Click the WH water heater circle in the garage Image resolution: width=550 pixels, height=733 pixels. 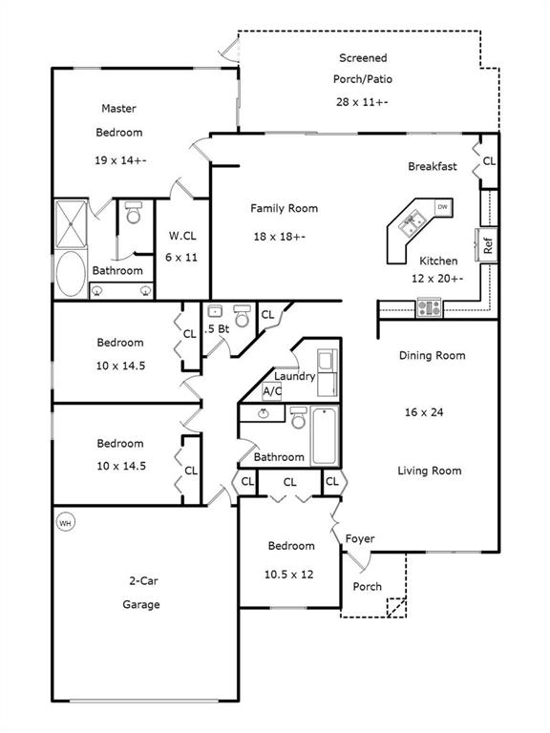point(65,523)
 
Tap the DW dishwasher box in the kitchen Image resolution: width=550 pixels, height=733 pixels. point(442,207)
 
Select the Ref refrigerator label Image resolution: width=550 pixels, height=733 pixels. point(488,245)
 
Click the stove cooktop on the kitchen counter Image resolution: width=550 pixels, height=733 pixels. point(429,307)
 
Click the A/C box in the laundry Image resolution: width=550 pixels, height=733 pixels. point(272,390)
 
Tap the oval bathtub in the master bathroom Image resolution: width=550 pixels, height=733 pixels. point(71,274)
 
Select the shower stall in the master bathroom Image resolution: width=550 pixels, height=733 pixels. point(71,224)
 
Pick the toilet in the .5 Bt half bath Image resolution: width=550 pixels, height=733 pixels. point(242,316)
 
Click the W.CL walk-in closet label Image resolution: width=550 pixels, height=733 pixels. point(182,236)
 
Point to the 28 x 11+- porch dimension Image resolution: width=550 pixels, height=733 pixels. point(362,102)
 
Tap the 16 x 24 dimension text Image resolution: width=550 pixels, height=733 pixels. point(424,412)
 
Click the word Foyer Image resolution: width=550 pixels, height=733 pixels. point(360,539)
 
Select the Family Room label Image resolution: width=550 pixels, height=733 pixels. point(284,208)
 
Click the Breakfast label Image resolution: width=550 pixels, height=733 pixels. point(433,166)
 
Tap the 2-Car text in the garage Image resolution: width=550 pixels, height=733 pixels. point(143,581)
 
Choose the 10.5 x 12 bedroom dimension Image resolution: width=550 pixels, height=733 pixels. point(288,575)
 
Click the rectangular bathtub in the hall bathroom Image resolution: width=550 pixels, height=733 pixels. point(324,435)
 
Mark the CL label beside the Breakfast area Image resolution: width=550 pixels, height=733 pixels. point(489,161)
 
